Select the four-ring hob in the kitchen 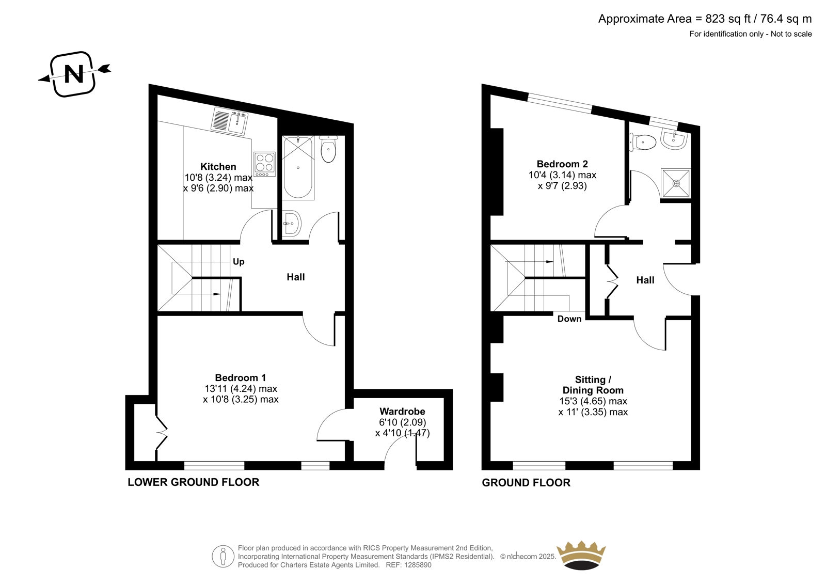click(264, 164)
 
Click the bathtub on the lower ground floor click(298, 168)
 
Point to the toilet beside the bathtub click(328, 149)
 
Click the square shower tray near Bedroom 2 click(676, 183)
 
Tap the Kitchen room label click(218, 166)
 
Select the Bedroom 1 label click(241, 378)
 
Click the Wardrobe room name click(402, 412)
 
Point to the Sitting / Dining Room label click(593, 385)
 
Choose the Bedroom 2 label click(562, 164)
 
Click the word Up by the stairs click(239, 262)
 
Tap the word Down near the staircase click(569, 319)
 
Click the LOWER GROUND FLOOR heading click(194, 482)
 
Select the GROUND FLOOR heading click(526, 483)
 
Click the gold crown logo click(581, 555)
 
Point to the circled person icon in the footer click(223, 556)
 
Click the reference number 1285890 click(417, 565)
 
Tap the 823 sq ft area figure click(728, 19)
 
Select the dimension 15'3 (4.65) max click(593, 401)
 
